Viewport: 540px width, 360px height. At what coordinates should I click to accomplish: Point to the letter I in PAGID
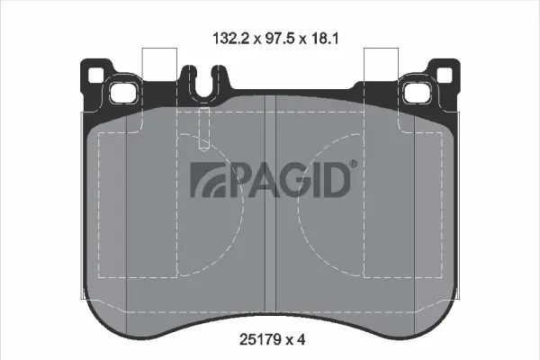pyautogui.click(x=315, y=181)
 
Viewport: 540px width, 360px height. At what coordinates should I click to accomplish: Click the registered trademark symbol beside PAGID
pyautogui.click(x=353, y=164)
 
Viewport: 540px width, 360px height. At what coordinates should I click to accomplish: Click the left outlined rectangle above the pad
pyautogui.click(x=160, y=65)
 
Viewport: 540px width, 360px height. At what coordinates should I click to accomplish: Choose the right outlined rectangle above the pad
pyautogui.click(x=379, y=65)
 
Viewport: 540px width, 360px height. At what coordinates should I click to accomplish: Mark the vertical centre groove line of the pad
pyautogui.click(x=270, y=207)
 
